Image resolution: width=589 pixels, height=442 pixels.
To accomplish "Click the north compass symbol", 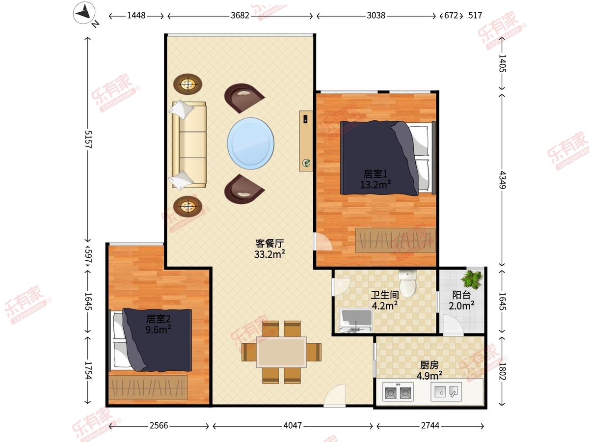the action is click(84, 13).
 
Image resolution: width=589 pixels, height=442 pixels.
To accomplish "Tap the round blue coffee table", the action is click(251, 143).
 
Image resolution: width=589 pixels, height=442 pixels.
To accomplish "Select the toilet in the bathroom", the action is click(407, 283).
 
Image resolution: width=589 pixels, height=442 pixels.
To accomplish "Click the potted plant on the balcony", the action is click(472, 279).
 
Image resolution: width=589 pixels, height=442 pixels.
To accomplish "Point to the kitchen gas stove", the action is click(398, 391).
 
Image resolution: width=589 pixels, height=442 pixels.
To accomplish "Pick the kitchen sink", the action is click(446, 391).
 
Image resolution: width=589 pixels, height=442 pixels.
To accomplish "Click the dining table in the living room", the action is click(281, 352).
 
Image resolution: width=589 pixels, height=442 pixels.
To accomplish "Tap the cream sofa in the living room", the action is click(189, 145).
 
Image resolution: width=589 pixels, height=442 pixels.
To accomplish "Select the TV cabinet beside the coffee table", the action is click(306, 141).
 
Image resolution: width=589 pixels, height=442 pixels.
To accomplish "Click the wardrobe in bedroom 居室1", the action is click(396, 240).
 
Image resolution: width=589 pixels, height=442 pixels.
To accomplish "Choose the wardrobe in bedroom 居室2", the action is click(148, 387).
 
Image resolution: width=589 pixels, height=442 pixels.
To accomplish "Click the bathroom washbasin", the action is click(356, 321).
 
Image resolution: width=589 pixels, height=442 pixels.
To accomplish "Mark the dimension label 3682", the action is click(240, 16).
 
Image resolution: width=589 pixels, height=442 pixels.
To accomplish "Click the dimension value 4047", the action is click(293, 425).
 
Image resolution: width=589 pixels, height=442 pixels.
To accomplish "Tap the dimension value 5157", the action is click(88, 139).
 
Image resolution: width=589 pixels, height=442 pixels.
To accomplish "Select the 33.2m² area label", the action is click(269, 254).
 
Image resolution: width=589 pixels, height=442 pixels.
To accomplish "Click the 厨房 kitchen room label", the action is click(429, 365).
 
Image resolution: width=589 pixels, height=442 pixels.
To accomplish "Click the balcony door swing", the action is click(453, 325).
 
